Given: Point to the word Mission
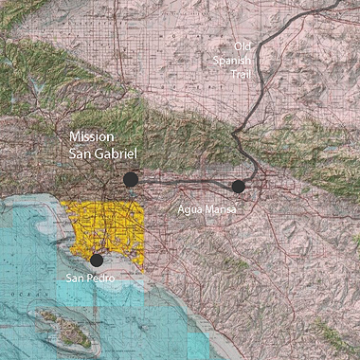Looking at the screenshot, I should [95, 136].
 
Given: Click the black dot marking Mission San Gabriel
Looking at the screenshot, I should [131, 179].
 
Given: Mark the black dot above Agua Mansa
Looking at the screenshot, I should [238, 187].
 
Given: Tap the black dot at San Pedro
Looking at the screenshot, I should [96, 260].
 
